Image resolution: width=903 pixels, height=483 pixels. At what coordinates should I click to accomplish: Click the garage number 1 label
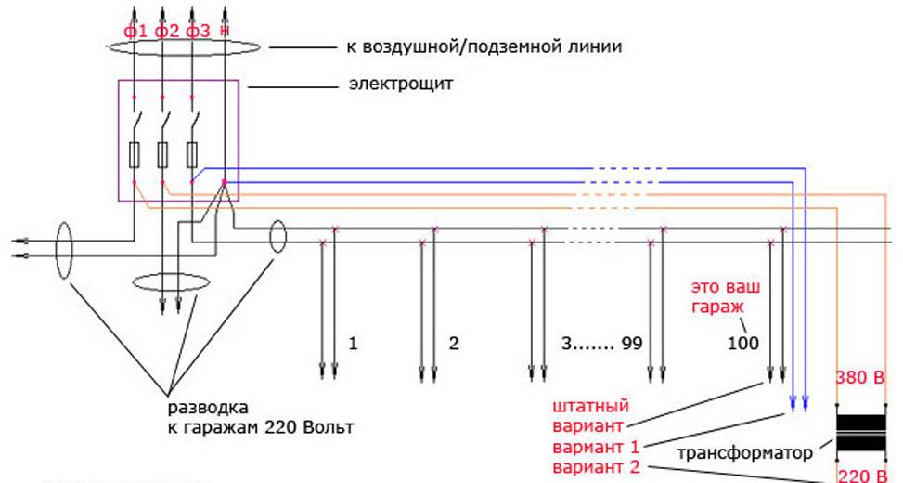pos(353,343)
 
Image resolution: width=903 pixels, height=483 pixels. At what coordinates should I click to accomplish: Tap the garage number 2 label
pos(454,343)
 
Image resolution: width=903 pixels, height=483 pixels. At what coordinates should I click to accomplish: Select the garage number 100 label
pos(742,343)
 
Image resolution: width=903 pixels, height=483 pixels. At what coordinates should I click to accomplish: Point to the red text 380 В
pos(860,380)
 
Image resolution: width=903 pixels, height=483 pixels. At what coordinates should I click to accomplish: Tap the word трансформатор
pos(745,452)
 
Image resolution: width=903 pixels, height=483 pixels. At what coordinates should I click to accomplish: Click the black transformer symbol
pos(860,432)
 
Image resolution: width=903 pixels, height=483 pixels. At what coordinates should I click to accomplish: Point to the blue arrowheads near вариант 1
pos(798,405)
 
